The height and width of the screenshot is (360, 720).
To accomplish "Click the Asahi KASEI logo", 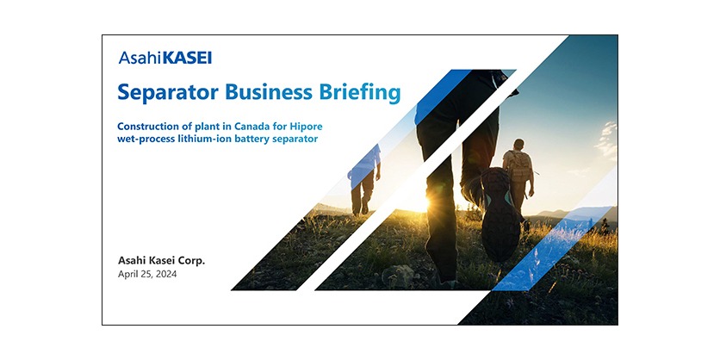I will (165, 59).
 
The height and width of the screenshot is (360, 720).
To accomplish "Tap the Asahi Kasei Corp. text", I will (161, 259).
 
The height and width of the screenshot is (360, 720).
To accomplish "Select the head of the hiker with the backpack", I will (519, 144).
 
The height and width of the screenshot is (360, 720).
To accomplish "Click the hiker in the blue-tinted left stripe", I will (363, 177).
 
